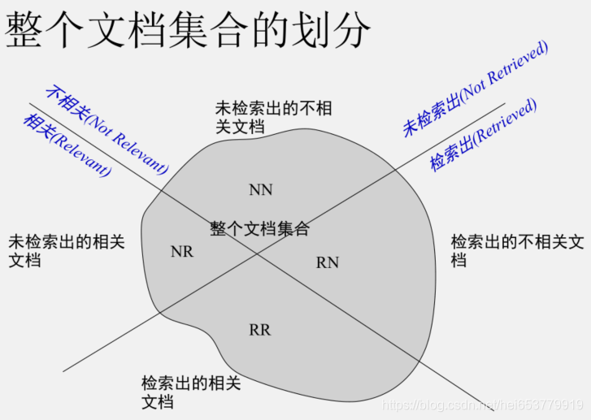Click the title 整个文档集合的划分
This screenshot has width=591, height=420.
187,30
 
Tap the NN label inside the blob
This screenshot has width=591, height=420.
261,190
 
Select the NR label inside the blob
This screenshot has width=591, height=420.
182,252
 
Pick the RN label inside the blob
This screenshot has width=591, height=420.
328,262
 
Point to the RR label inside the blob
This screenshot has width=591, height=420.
260,330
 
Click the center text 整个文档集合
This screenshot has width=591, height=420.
259,229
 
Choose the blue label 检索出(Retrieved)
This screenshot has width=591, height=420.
483,135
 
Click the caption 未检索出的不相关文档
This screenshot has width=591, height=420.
273,117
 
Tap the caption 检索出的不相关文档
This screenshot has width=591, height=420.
517,250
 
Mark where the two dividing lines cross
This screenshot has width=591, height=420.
259,253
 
